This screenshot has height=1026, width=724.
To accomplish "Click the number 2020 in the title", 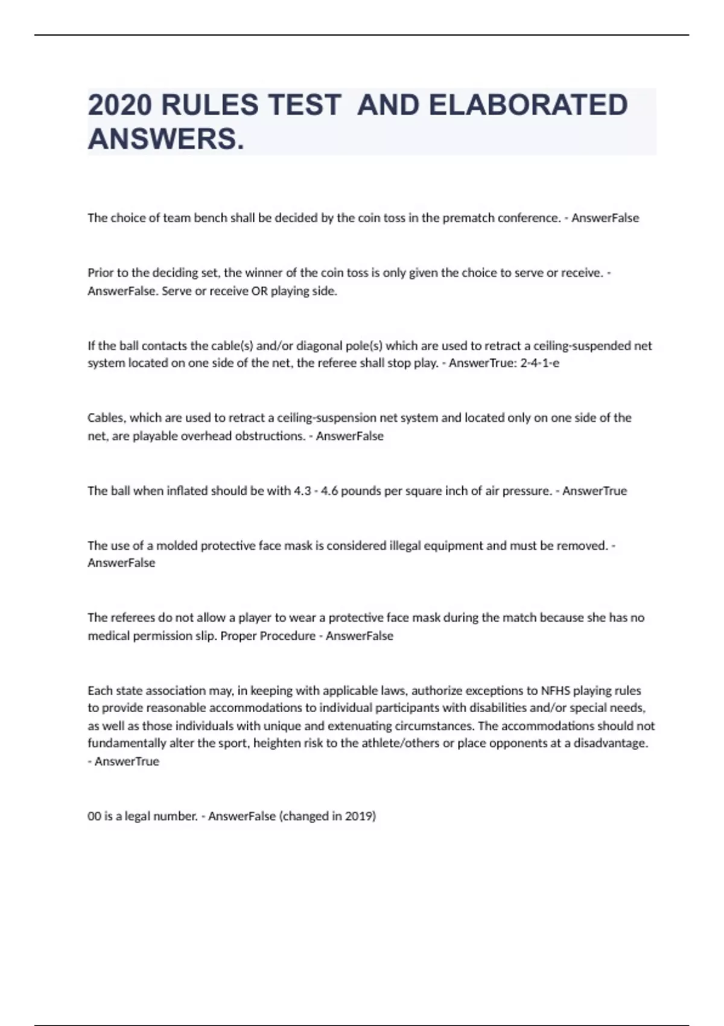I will (x=119, y=105).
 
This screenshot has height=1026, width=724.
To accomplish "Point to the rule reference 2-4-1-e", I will (x=539, y=363).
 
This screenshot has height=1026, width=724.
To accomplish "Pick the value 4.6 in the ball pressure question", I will (x=329, y=491).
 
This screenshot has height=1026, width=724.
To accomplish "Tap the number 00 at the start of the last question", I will (x=94, y=817).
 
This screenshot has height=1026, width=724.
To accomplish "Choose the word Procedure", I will (x=287, y=636).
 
